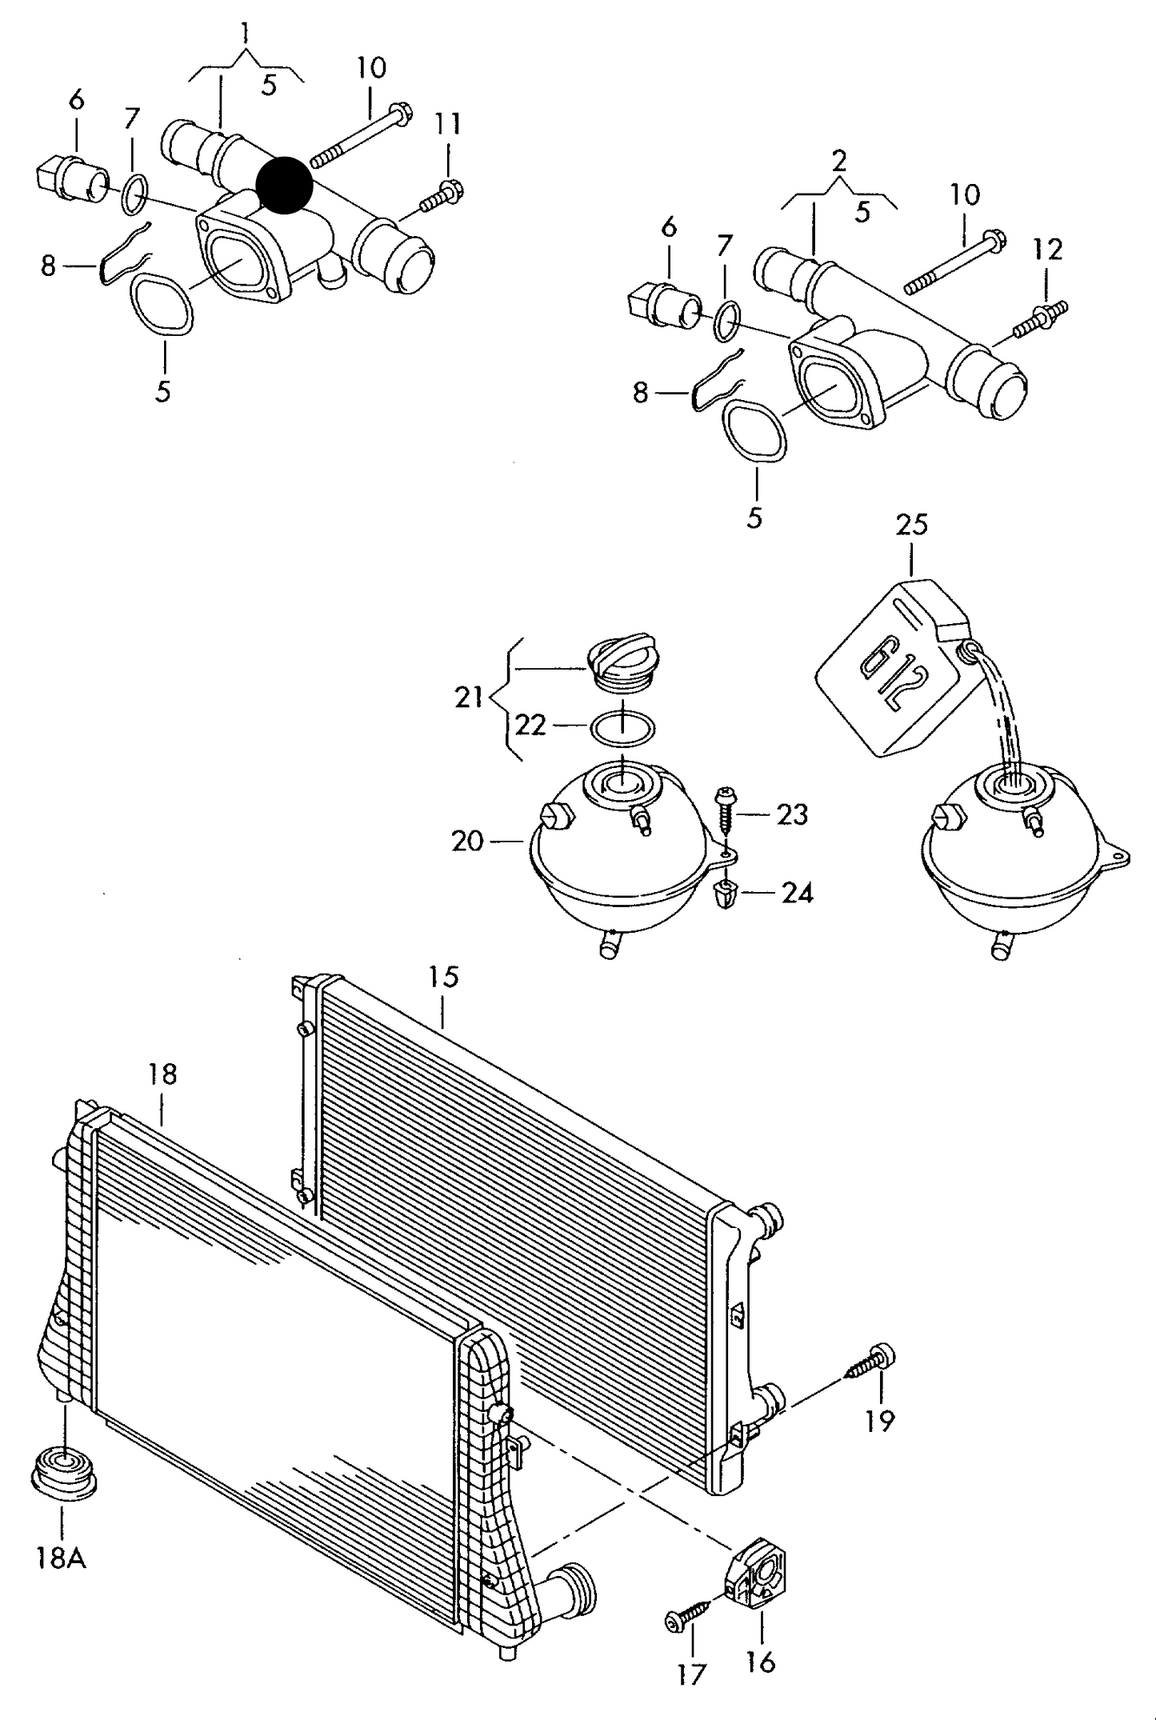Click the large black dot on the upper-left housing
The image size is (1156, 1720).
click(x=285, y=185)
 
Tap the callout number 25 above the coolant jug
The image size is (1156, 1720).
click(x=911, y=525)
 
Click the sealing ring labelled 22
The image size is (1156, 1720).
click(x=622, y=728)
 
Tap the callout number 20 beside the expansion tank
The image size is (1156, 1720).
click(x=467, y=842)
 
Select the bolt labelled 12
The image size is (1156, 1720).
click(x=1041, y=318)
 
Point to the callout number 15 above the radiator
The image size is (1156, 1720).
click(x=443, y=977)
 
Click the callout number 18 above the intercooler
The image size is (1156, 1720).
click(x=162, y=1074)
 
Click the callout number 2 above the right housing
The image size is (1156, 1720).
click(x=838, y=162)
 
